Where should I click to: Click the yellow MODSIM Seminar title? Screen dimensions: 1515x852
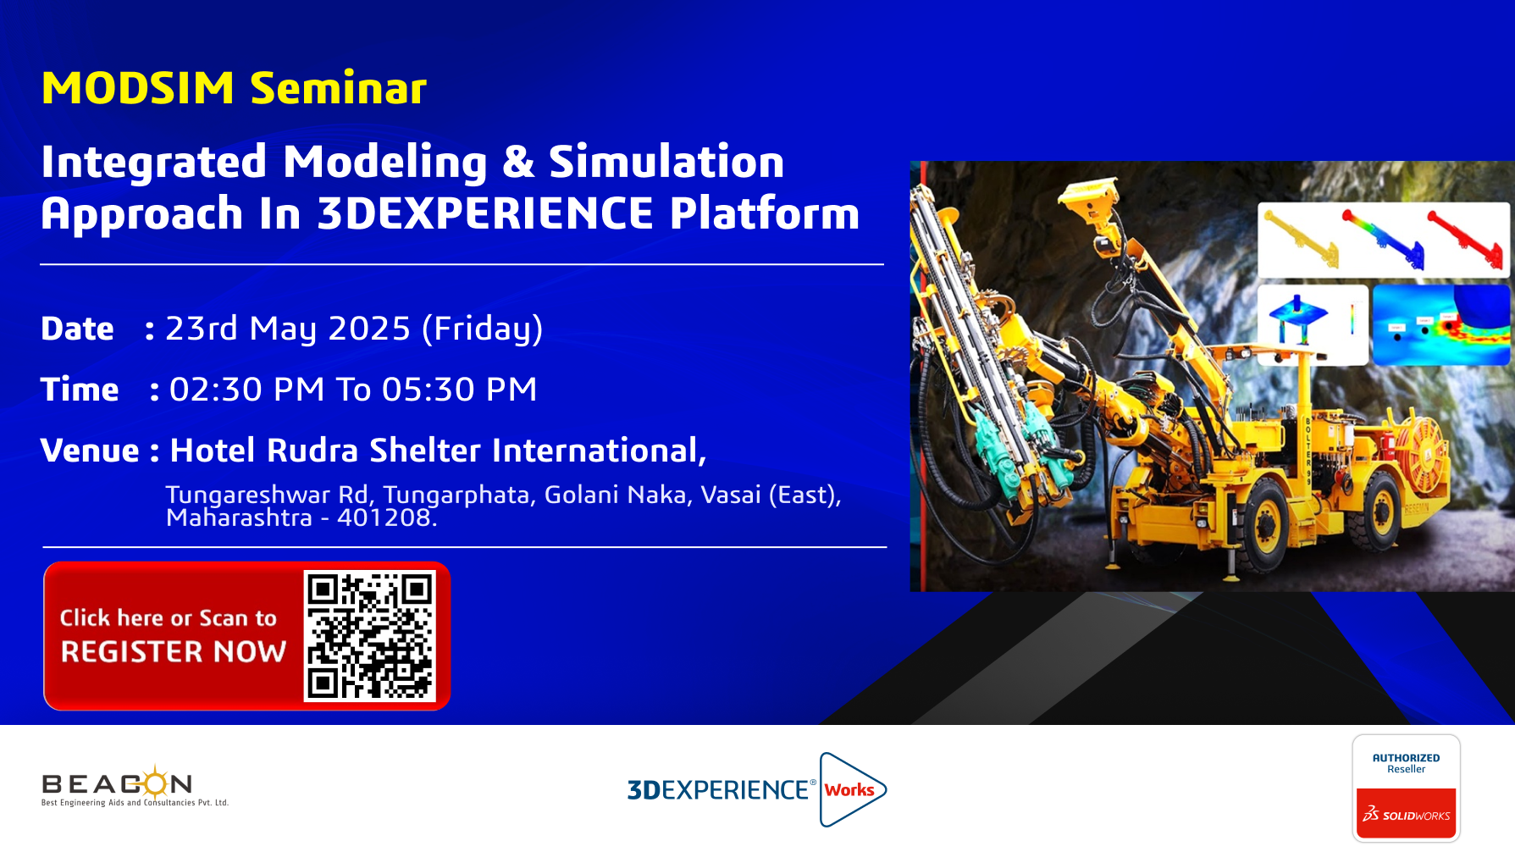(x=234, y=88)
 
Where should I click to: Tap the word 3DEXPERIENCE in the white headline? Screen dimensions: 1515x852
(x=485, y=213)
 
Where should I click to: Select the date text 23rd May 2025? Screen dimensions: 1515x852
(x=288, y=329)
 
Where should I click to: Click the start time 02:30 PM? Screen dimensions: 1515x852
(x=246, y=390)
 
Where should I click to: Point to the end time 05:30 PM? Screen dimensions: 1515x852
(x=460, y=390)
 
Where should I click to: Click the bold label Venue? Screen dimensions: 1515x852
(x=90, y=451)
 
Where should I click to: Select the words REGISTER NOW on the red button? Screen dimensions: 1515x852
(x=174, y=651)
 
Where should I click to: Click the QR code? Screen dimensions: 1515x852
(x=370, y=636)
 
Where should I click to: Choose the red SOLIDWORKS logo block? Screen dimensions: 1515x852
(x=1406, y=813)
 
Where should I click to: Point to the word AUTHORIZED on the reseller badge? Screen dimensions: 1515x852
(x=1406, y=758)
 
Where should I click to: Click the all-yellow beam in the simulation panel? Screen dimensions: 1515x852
(x=1301, y=239)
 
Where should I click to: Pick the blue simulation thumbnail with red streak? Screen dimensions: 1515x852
(x=1441, y=324)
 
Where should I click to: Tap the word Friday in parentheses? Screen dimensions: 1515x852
(x=483, y=329)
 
